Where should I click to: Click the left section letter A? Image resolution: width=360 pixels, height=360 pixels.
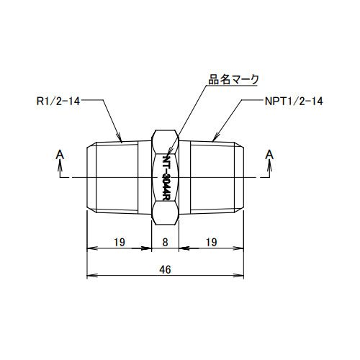(59, 153)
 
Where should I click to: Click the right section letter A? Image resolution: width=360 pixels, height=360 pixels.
(270, 153)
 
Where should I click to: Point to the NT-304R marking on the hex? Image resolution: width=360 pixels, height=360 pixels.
(166, 176)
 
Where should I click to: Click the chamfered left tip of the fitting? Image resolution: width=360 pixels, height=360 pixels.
(91, 177)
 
